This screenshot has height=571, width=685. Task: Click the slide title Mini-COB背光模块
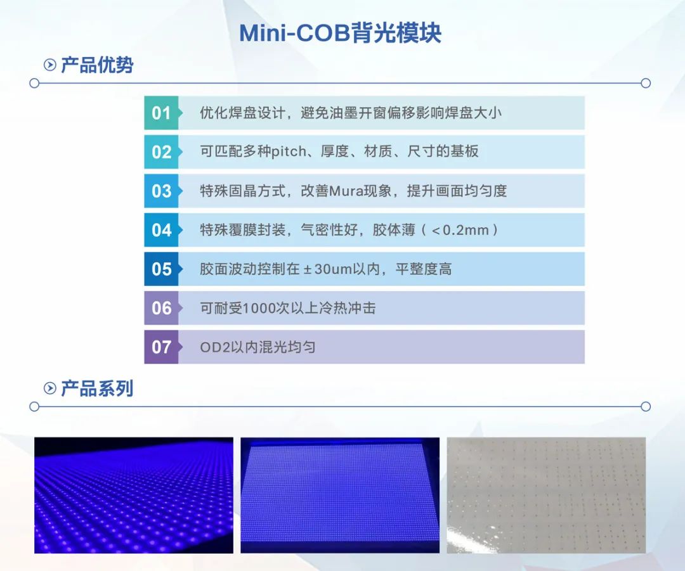tap(340, 32)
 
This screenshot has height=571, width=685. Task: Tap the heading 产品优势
tap(97, 65)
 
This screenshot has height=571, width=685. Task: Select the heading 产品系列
tap(97, 388)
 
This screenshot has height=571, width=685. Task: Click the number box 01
tap(161, 113)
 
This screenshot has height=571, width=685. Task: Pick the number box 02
tap(161, 152)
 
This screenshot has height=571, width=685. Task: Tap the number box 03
tap(161, 191)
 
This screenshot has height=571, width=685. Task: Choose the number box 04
tap(161, 230)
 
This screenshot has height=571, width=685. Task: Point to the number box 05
tap(161, 269)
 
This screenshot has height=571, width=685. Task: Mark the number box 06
tap(161, 309)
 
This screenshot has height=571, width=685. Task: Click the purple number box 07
tap(161, 347)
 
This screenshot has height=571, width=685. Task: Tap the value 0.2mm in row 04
tap(466, 230)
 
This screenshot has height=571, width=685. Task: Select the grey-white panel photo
tap(546, 495)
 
